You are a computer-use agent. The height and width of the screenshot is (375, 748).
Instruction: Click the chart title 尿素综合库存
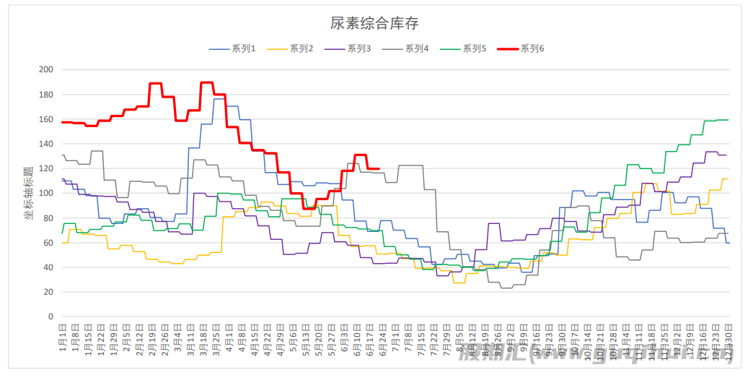(x=374, y=23)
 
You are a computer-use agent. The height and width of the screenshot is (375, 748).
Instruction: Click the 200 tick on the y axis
(x=47, y=70)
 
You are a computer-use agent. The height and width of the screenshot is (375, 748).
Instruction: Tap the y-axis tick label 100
(x=47, y=194)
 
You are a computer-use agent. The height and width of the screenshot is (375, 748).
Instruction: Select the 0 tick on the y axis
(x=50, y=316)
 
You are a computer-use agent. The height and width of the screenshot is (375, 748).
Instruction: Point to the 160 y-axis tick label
(x=47, y=119)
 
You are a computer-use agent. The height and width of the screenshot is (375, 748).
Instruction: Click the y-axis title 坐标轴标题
(x=29, y=193)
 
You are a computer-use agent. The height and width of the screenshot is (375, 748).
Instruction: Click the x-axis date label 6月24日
(x=382, y=340)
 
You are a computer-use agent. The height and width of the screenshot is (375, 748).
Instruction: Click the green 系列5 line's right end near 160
(x=728, y=120)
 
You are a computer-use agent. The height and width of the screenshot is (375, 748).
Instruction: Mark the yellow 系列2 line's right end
(x=728, y=178)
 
